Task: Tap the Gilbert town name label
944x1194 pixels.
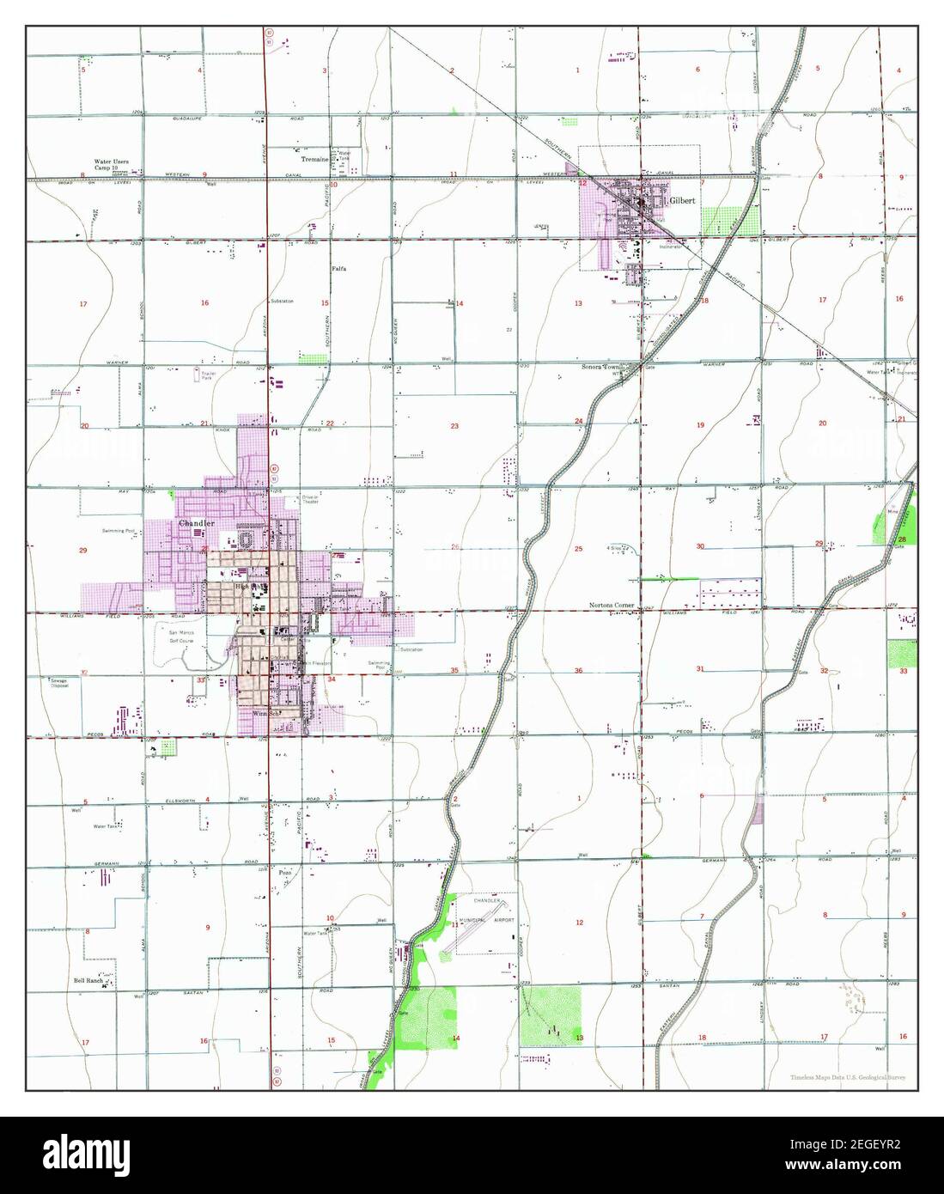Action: (684, 199)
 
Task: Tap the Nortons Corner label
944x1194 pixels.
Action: (612, 606)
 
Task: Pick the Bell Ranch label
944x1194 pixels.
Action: (88, 979)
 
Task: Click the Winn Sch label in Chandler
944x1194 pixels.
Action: (267, 714)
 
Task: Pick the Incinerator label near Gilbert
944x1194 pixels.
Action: (670, 247)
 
